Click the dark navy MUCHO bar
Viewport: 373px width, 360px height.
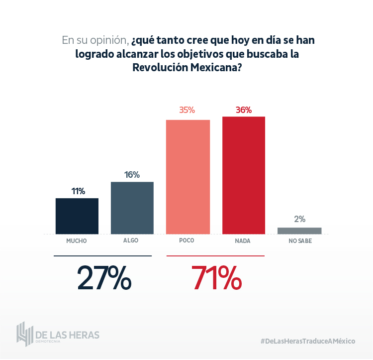(x=77, y=216)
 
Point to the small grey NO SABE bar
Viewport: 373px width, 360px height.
(x=299, y=231)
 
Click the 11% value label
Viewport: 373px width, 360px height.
(x=78, y=191)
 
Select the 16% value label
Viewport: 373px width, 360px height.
(x=132, y=175)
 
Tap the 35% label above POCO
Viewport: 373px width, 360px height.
(x=187, y=110)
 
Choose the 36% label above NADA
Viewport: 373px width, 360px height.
(x=244, y=110)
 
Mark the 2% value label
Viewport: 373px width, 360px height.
(x=299, y=219)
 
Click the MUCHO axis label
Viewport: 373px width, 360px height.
(x=77, y=240)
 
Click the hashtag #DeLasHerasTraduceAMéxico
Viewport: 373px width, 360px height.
(x=308, y=341)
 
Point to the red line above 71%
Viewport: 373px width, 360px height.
(x=215, y=256)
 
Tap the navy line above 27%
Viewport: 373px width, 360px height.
(x=102, y=256)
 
